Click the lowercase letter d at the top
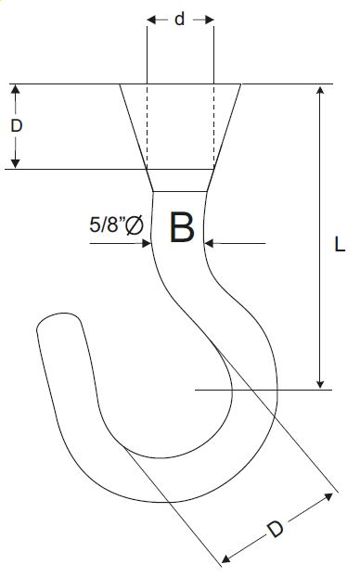pyautogui.click(x=179, y=19)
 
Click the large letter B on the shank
pyautogui.click(x=182, y=227)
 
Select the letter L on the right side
pyautogui.click(x=340, y=244)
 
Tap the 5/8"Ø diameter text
pyautogui.click(x=116, y=224)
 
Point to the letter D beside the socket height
pyautogui.click(x=16, y=126)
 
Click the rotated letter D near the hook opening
pyautogui.click(x=276, y=529)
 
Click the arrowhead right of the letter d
pyautogui.click(x=209, y=19)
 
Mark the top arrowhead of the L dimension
pyautogui.click(x=320, y=91)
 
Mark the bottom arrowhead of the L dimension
pyautogui.click(x=320, y=383)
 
